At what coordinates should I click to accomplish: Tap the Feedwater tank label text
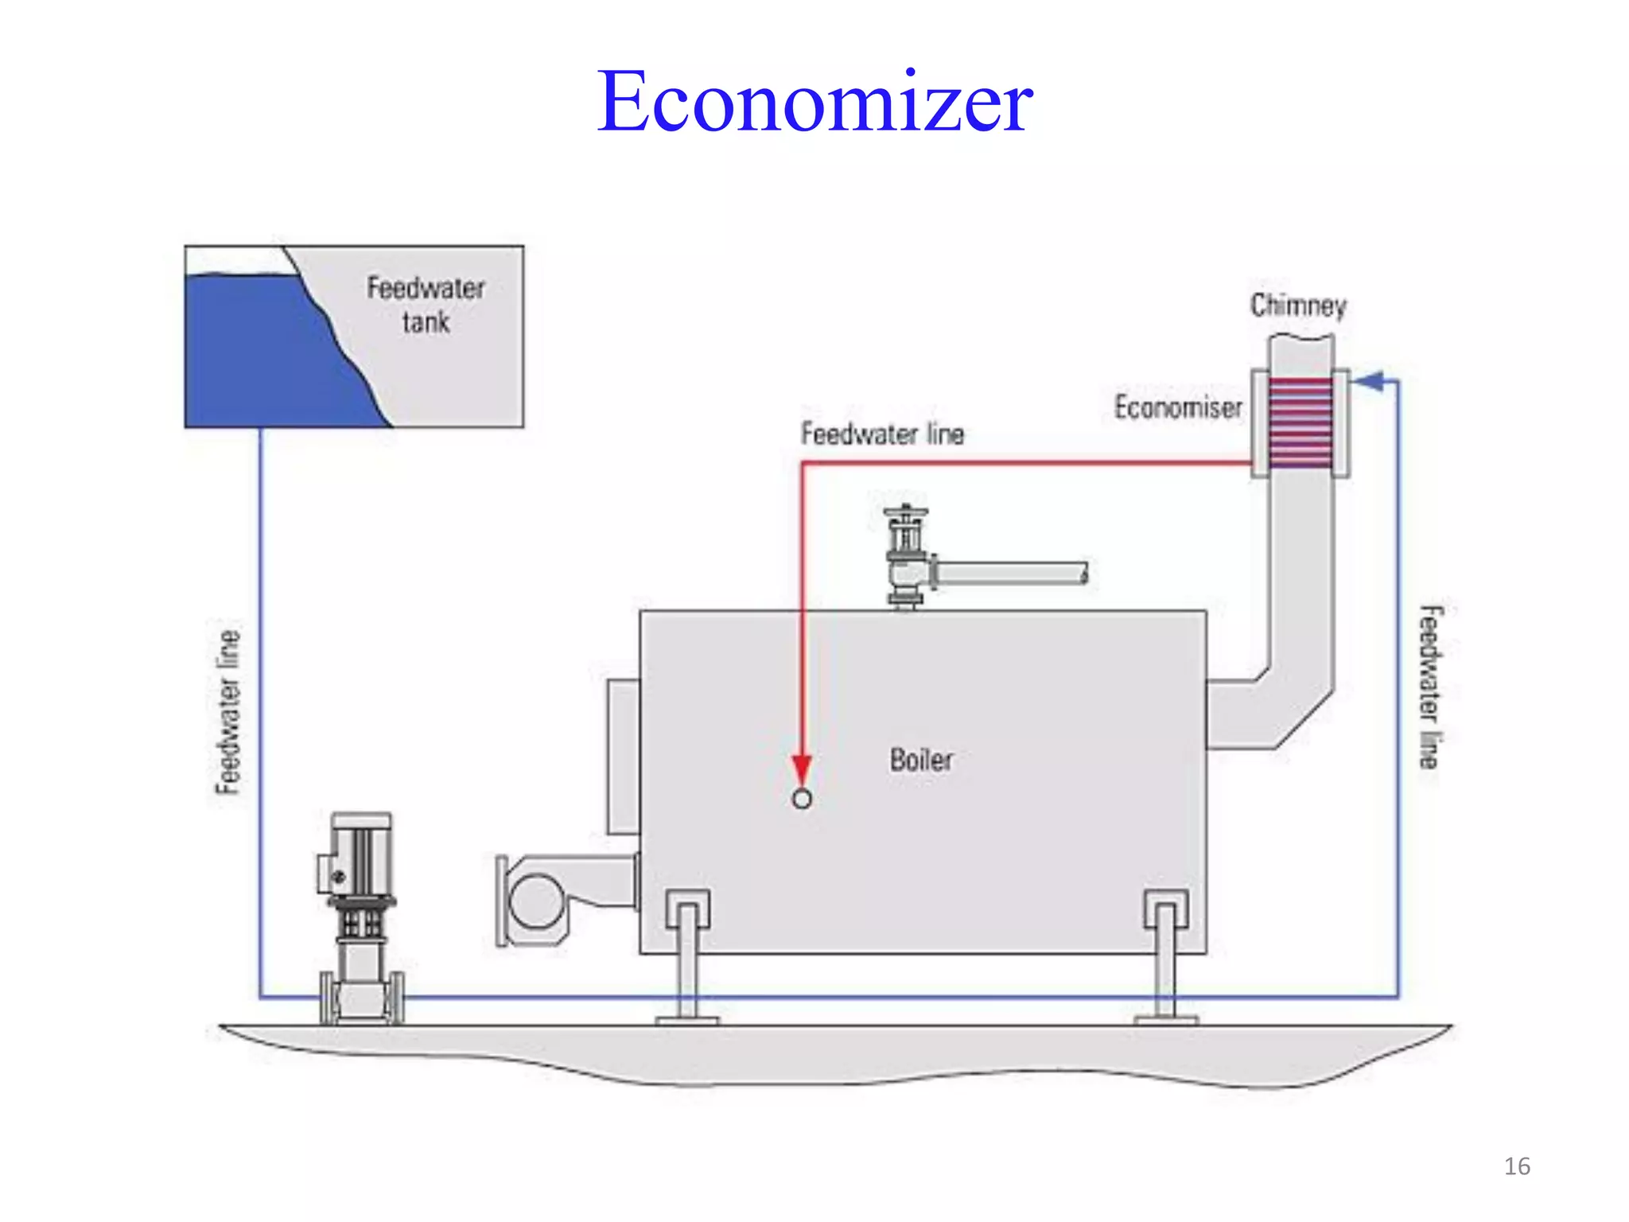click(426, 305)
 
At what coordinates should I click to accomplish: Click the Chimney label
click(1297, 305)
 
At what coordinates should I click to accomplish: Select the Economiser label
click(1177, 407)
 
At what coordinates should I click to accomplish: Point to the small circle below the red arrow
click(802, 799)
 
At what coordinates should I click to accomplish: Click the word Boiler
click(920, 760)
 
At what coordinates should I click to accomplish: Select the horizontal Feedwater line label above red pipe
click(882, 434)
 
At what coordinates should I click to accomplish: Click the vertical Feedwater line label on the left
click(228, 712)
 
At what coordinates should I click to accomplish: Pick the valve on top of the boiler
click(906, 557)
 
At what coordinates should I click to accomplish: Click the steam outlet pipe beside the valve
click(1010, 573)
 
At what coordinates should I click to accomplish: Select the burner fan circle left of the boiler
click(535, 901)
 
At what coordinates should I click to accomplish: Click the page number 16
click(1516, 1166)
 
